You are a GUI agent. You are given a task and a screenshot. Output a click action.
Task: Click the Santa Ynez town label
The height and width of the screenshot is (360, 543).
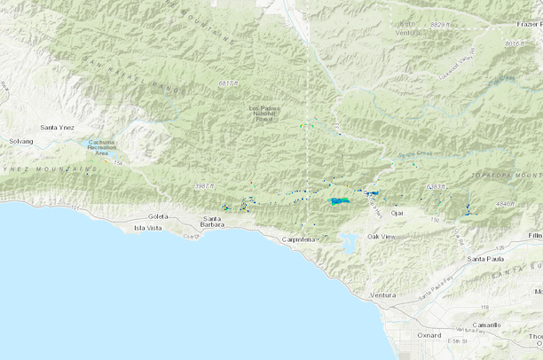(x=57, y=129)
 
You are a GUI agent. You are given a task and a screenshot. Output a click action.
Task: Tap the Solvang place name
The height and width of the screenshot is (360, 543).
(x=20, y=141)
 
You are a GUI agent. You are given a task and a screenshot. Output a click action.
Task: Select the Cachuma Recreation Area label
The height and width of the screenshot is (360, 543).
(x=107, y=147)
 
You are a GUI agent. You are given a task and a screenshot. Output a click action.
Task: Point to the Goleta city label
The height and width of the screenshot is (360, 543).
(x=159, y=216)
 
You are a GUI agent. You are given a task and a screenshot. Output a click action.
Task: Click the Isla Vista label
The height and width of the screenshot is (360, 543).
(x=148, y=228)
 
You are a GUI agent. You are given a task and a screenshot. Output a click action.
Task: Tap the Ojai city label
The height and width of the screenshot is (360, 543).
(x=397, y=214)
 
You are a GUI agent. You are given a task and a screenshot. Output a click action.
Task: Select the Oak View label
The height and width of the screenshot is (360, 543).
(x=386, y=236)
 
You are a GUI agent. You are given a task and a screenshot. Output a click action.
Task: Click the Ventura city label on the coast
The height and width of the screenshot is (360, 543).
(x=382, y=294)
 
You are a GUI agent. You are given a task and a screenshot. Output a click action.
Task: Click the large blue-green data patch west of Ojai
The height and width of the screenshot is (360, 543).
(x=339, y=201)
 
